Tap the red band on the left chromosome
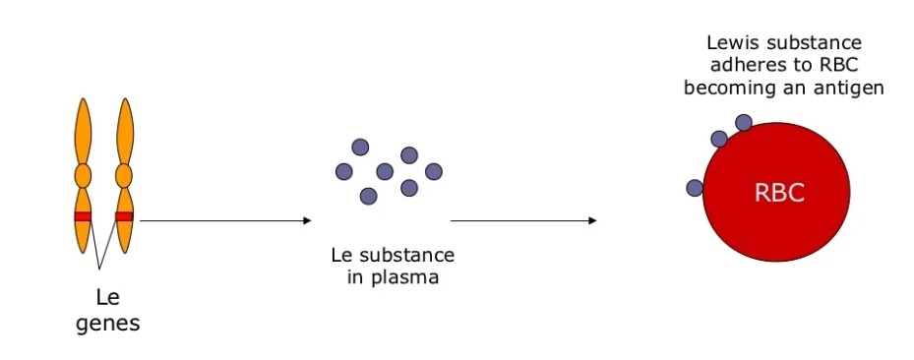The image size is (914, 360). [83, 216]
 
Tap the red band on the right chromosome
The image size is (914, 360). [124, 216]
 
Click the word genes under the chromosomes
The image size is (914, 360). [107, 322]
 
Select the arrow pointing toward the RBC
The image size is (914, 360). [521, 220]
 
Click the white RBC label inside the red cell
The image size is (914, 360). [779, 193]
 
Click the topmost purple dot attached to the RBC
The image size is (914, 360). [744, 123]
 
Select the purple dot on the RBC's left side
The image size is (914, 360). [695, 187]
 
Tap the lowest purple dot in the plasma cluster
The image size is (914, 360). [369, 196]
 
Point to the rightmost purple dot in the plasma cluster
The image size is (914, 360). [434, 171]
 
